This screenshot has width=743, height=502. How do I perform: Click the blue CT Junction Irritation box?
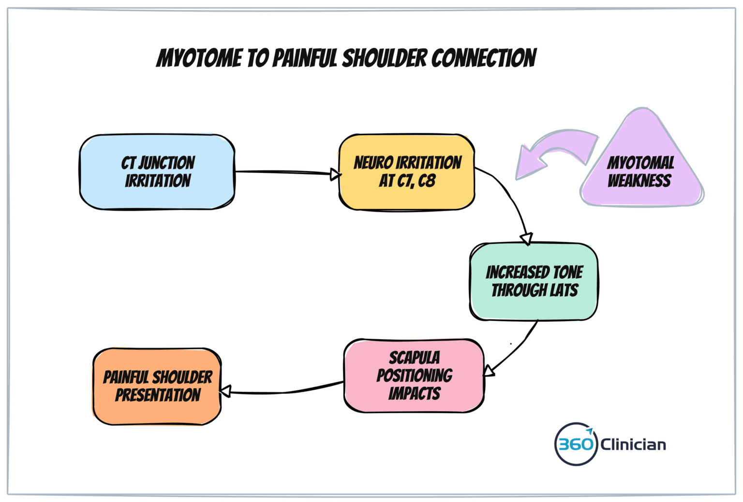point(157,172)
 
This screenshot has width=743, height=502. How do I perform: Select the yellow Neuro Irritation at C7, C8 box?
point(406,172)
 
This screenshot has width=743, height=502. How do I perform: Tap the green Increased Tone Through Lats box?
point(534,281)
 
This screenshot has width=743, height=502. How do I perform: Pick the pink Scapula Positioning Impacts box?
point(414,375)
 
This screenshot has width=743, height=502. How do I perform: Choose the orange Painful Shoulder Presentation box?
point(157,386)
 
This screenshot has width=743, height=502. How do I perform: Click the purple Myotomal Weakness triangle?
point(641,167)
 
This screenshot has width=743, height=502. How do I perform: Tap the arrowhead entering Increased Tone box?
point(527,239)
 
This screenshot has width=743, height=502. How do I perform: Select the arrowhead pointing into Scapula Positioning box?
point(489,371)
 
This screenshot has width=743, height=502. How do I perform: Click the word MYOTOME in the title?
point(199,58)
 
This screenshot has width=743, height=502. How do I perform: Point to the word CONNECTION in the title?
point(483,58)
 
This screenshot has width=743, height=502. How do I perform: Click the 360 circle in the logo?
point(575,444)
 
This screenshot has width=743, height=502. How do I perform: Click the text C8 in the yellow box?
point(427,181)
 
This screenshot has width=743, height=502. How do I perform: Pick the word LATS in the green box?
point(564,290)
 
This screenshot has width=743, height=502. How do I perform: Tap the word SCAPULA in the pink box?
point(415,358)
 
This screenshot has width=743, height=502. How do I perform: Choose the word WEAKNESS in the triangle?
point(639,181)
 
